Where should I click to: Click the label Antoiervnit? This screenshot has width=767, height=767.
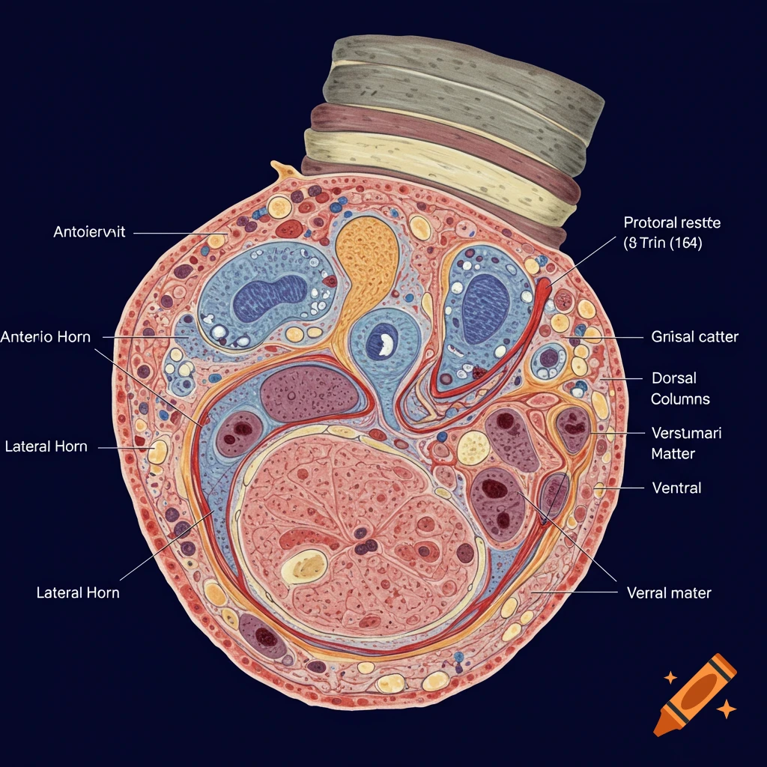[x=89, y=232]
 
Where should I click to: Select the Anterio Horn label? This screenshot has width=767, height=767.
[x=46, y=337]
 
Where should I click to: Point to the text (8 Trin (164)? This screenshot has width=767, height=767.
[x=662, y=243]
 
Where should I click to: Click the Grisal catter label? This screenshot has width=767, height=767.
[x=695, y=337]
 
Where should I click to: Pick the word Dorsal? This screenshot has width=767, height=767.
[x=674, y=379]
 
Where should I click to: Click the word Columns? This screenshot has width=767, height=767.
[x=680, y=399]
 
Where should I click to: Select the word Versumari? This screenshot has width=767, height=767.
[x=687, y=433]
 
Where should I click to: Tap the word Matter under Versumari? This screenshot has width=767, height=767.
[x=673, y=453]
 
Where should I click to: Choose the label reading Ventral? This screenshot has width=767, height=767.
[x=676, y=488]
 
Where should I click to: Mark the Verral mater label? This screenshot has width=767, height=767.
[x=668, y=593]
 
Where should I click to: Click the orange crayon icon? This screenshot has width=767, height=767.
[x=695, y=693]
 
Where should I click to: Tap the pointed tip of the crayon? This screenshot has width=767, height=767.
[x=660, y=729]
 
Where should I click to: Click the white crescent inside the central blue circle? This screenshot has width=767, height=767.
[x=386, y=344]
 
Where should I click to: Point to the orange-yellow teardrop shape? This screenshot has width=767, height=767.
[x=366, y=255]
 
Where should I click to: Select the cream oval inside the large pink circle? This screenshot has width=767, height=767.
[x=304, y=566]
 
